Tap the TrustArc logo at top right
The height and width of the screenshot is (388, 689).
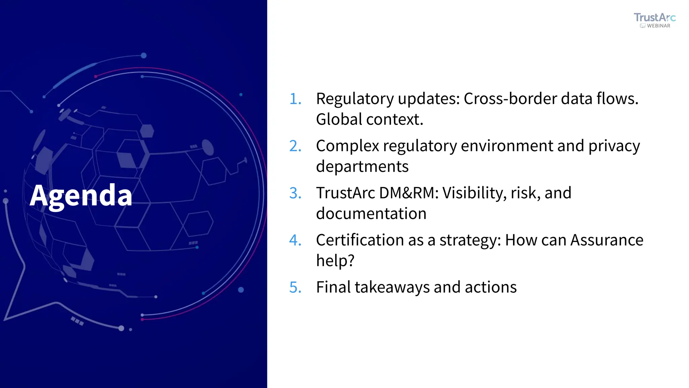tap(654, 18)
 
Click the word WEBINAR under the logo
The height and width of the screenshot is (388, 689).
tap(658, 26)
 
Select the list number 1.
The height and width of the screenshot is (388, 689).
tap(295, 99)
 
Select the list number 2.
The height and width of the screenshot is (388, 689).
tap(295, 146)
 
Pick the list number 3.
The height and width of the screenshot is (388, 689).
tap(295, 193)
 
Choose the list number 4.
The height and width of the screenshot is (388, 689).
tap(295, 240)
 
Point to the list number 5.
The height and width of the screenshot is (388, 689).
tap(295, 288)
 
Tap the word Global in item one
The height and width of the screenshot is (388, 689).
tap(339, 120)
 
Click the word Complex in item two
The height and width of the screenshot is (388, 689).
tap(347, 146)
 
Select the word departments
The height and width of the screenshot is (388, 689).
tap(362, 167)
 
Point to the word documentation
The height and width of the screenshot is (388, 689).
tap(371, 214)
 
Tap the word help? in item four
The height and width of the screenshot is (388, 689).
tap(335, 261)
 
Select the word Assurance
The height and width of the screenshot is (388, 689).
tap(607, 240)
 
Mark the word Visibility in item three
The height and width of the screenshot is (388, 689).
tap(474, 193)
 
